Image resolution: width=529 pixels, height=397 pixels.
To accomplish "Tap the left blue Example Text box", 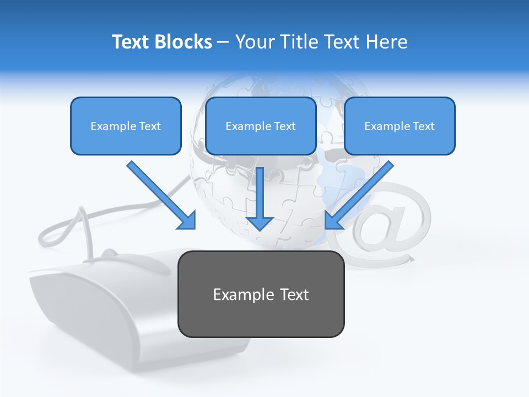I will [x=126, y=126].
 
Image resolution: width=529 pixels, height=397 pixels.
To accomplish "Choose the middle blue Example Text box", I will [x=261, y=126].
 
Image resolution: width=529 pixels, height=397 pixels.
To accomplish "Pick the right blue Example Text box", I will [x=400, y=126].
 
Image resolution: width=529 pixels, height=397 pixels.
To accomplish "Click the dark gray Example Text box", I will [x=261, y=294].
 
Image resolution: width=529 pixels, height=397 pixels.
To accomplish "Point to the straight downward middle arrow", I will [x=260, y=196].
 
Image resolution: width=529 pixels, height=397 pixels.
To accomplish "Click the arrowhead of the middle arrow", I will [x=260, y=222].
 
